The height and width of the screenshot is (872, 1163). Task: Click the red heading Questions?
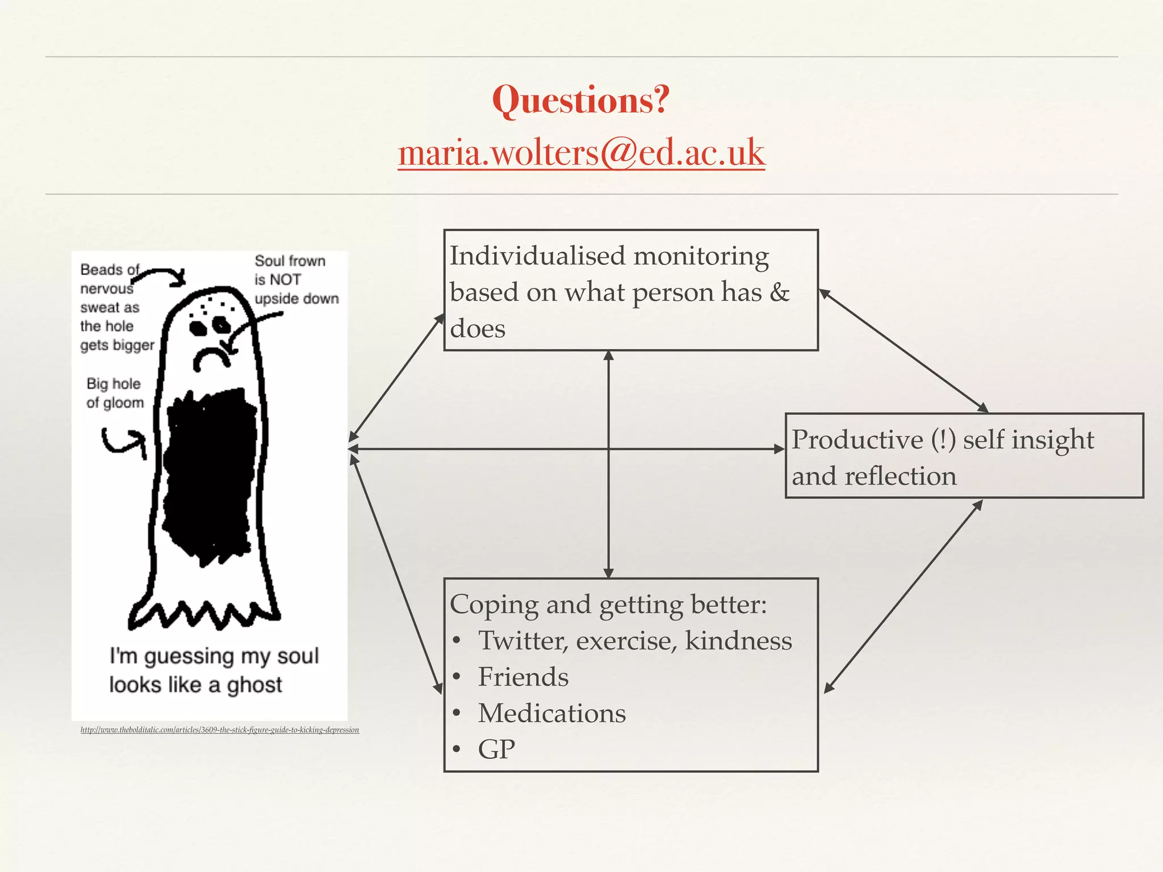tap(581, 100)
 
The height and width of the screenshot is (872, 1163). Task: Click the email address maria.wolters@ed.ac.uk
tap(581, 153)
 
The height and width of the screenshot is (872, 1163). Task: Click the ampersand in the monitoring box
tap(780, 292)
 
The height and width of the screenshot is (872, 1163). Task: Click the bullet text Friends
tap(523, 677)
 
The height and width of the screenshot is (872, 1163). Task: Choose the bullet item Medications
tap(551, 714)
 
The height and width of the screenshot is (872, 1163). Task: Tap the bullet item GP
tap(496, 750)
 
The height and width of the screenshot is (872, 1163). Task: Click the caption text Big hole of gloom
tap(115, 393)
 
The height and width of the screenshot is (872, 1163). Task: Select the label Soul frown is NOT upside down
tap(295, 280)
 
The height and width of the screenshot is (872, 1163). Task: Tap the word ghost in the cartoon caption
tap(254, 686)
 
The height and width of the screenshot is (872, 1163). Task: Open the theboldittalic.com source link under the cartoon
tap(220, 730)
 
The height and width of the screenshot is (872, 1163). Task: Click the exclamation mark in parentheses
tap(943, 440)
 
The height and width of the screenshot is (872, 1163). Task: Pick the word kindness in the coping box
tap(738, 641)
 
